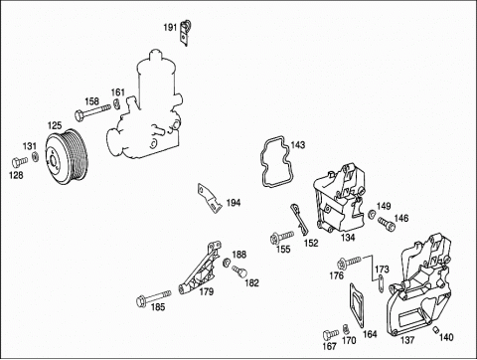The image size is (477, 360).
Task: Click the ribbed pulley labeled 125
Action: click(x=67, y=156)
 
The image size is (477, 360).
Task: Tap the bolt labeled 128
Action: click(x=19, y=162)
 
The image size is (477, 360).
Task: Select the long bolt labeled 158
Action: click(x=92, y=111)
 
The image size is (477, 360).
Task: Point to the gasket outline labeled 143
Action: click(x=274, y=161)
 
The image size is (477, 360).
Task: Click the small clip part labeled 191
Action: click(x=186, y=32)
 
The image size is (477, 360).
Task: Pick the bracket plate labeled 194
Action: click(x=210, y=198)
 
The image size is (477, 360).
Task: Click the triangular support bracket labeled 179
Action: click(x=201, y=269)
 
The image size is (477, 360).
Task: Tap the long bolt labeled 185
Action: click(x=154, y=297)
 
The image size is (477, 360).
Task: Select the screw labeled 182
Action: click(x=239, y=270)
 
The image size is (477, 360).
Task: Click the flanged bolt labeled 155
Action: click(x=281, y=237)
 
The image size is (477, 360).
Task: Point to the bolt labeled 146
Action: click(x=387, y=224)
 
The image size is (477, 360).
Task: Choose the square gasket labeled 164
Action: click(x=357, y=304)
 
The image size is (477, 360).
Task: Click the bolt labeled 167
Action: click(x=331, y=334)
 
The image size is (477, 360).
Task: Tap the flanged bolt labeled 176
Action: click(x=349, y=263)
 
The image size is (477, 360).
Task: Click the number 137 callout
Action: click(x=407, y=340)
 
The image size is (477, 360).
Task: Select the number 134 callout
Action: click(x=348, y=237)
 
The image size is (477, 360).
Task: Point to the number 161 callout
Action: click(x=117, y=92)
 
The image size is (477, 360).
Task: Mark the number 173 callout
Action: click(x=382, y=270)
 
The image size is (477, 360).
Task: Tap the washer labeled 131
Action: click(x=35, y=156)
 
